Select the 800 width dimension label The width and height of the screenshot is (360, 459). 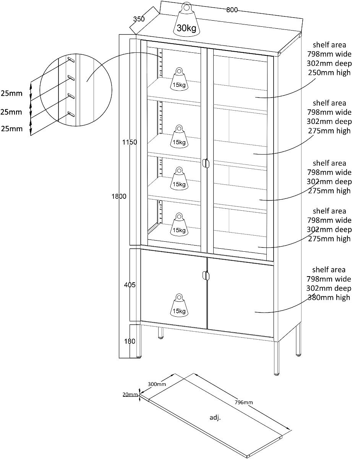click(x=232, y=10)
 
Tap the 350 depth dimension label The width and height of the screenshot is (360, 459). click(x=139, y=19)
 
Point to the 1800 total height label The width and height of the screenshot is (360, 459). click(x=118, y=197)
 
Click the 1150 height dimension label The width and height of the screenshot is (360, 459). click(x=130, y=142)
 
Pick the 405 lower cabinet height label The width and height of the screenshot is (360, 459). click(x=130, y=285)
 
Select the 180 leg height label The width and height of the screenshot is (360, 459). click(x=130, y=341)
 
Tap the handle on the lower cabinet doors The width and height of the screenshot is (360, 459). click(x=206, y=275)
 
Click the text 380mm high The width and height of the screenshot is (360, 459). click(x=329, y=297)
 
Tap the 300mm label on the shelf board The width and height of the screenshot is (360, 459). click(x=157, y=384)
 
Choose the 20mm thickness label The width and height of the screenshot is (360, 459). click(x=130, y=395)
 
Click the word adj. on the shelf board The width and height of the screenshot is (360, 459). click(x=215, y=418)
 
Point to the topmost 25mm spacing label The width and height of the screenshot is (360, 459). click(x=11, y=93)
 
